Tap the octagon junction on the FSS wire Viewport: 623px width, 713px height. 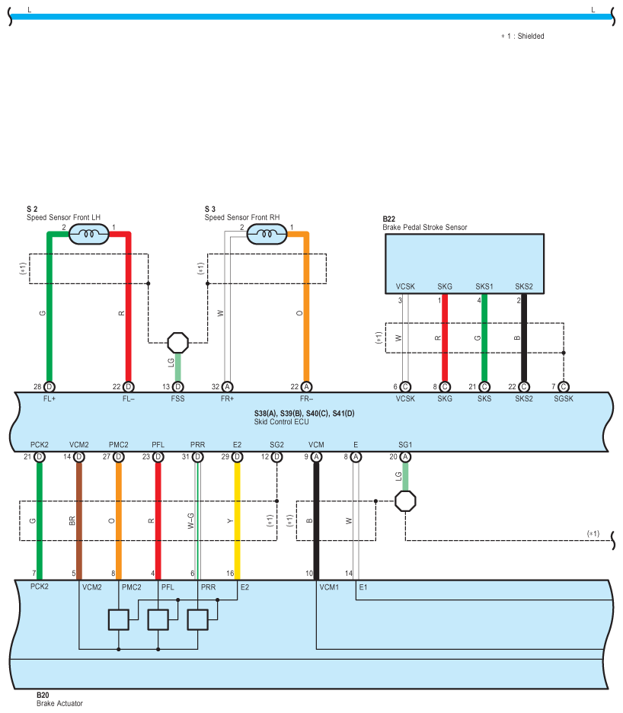177,342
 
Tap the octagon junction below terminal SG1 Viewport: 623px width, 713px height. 405,500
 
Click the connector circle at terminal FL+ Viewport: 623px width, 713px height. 50,387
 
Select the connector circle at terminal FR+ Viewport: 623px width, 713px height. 227,387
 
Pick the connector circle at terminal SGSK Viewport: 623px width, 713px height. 564,387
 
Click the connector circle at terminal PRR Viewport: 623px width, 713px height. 198,457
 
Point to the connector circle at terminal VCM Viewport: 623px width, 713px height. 316,457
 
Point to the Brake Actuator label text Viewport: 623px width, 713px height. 59,703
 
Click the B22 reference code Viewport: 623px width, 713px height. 390,219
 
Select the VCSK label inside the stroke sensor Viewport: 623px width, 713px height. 405,286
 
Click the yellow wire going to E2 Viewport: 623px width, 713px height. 238,518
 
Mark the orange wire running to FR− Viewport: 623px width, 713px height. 306,312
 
